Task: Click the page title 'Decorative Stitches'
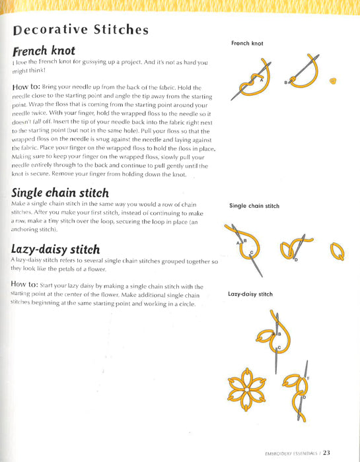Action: coord(80,30)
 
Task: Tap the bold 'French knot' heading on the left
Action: coord(44,50)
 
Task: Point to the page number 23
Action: coord(344,452)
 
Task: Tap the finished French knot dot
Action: coord(334,81)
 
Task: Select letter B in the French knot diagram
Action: coord(286,82)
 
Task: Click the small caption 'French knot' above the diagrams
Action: coord(247,44)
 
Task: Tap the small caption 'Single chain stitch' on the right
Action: coord(254,206)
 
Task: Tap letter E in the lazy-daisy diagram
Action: coord(308,378)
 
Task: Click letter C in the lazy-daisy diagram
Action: coord(279,347)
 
